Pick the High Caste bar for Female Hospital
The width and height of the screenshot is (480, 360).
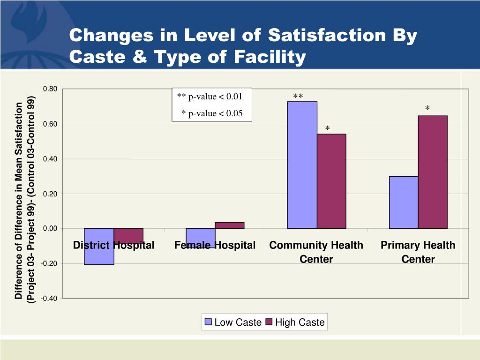click(230, 225)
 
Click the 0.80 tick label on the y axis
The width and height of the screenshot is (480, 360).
click(50, 89)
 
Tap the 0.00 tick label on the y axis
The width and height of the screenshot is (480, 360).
click(50, 229)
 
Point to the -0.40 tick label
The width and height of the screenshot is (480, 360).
click(49, 299)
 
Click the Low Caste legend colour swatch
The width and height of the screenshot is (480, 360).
click(209, 322)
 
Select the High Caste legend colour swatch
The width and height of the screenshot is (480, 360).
click(269, 322)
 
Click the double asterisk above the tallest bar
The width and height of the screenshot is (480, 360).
click(298, 97)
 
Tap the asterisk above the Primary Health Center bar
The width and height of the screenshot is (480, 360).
click(427, 109)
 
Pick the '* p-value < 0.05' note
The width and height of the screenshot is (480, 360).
click(212, 113)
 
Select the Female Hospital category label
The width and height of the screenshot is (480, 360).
click(215, 245)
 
